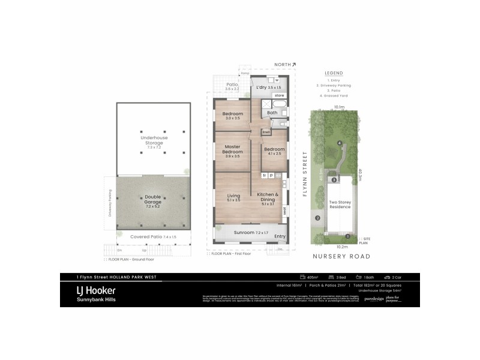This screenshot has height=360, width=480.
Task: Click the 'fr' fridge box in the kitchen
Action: pyautogui.click(x=265, y=175)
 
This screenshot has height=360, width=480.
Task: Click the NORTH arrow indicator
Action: pyautogui.click(x=285, y=64)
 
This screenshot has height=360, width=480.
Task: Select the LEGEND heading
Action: pyautogui.click(x=334, y=73)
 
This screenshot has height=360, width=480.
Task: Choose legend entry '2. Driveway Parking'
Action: pyautogui.click(x=334, y=85)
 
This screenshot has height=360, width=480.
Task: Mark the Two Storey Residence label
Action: pyautogui.click(x=340, y=205)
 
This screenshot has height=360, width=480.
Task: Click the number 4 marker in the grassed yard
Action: pyautogui.click(x=340, y=142)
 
